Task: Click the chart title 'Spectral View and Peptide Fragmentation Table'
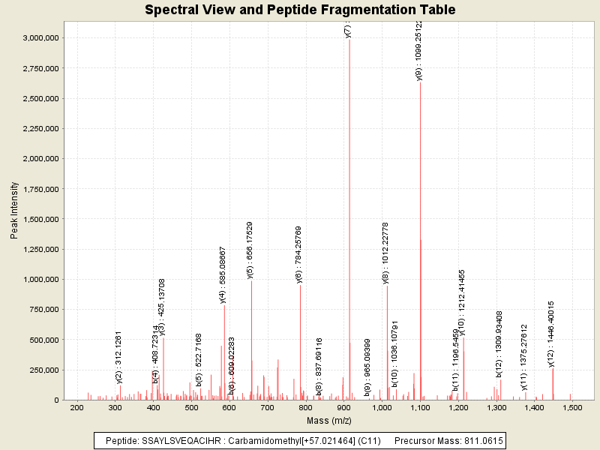[x=300, y=10]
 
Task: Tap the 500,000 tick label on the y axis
[x=46, y=340]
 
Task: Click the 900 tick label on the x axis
[x=343, y=407]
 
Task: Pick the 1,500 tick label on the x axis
[x=572, y=407]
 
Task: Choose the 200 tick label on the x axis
[x=76, y=407]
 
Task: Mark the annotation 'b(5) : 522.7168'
[x=199, y=360]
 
